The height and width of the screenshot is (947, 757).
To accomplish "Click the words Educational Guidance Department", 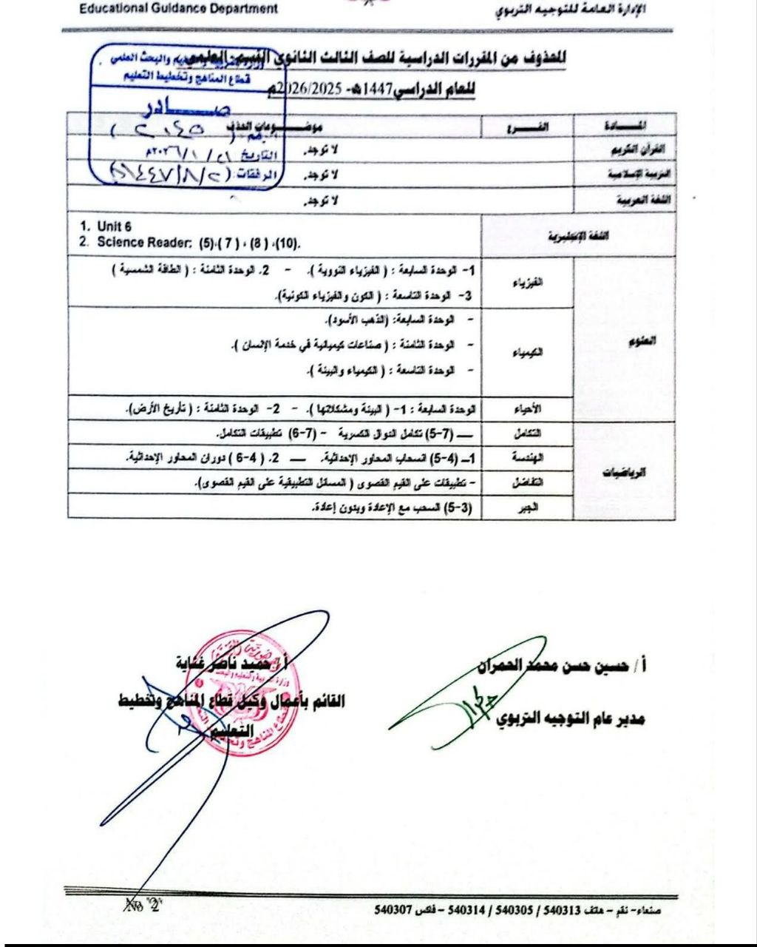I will point(178,9).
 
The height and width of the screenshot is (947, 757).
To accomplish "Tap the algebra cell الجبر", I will point(529,507).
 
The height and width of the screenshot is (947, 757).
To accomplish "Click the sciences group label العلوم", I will point(625,341).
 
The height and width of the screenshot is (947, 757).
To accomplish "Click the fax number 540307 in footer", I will point(393,909).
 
